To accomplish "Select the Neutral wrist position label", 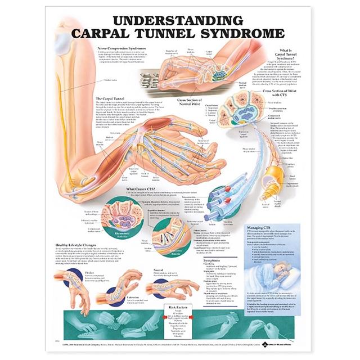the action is (157, 269).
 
